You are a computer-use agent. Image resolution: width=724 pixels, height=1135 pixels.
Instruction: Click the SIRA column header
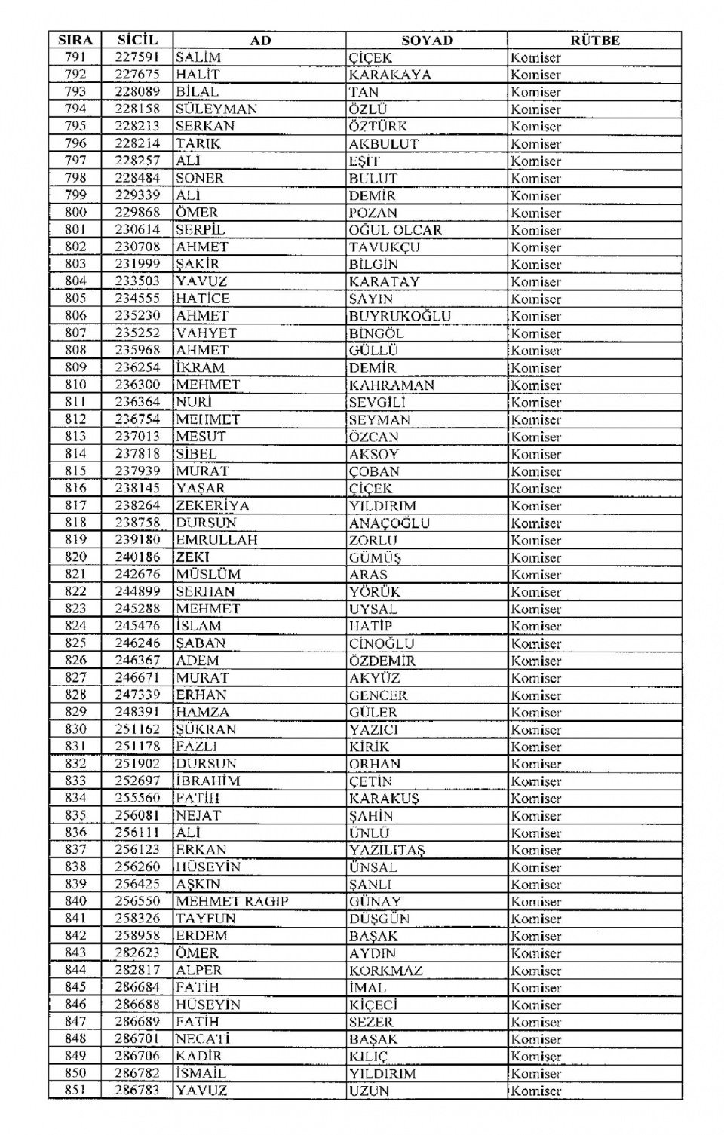tap(75, 40)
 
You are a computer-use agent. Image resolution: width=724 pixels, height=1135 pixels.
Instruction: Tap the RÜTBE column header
tap(594, 40)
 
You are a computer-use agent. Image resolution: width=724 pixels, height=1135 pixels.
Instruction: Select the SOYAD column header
tap(427, 40)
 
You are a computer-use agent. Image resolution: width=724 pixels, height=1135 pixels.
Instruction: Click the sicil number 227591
tap(137, 57)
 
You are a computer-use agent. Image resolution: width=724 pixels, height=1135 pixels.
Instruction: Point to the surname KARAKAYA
tap(390, 75)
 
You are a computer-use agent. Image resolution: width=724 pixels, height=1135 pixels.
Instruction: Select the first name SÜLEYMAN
tap(216, 109)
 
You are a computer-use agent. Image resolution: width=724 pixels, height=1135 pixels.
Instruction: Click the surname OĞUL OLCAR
tap(395, 229)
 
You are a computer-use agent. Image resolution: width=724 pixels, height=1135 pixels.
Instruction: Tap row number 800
tap(75, 212)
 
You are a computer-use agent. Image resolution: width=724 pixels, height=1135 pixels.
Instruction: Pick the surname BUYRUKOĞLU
tap(400, 316)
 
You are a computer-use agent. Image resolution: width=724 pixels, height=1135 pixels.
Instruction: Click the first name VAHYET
tap(206, 333)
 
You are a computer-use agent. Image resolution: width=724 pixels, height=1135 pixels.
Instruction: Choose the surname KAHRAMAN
tap(391, 385)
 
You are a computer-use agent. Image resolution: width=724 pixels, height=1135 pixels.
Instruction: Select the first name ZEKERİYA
tap(212, 505)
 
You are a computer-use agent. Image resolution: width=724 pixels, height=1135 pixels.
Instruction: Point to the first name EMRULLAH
tap(216, 540)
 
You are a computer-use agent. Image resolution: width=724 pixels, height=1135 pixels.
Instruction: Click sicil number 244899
tap(137, 591)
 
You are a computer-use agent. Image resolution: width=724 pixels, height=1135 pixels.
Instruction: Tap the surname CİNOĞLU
tap(382, 643)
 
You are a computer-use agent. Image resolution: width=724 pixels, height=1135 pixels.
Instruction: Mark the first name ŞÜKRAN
tap(206, 729)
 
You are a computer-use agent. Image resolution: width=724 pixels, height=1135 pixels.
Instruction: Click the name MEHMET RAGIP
tap(232, 901)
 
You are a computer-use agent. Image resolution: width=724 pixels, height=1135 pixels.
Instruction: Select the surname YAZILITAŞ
tap(387, 850)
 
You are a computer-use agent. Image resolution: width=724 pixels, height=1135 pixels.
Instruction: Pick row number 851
tap(75, 1090)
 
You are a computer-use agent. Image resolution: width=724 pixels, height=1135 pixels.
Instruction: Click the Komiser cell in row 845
tap(535, 987)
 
